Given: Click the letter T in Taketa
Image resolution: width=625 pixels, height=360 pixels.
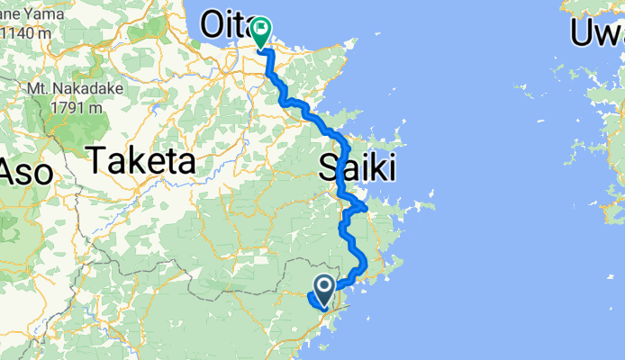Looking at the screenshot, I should point(95,162).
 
